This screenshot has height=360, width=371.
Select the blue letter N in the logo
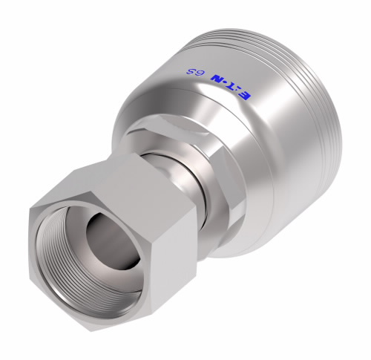point(214,80)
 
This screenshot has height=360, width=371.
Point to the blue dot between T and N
point(223,83)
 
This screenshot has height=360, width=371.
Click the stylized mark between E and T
point(236,91)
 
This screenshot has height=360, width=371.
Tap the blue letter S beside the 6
point(191,72)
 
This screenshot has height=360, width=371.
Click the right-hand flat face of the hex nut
point(173,260)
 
